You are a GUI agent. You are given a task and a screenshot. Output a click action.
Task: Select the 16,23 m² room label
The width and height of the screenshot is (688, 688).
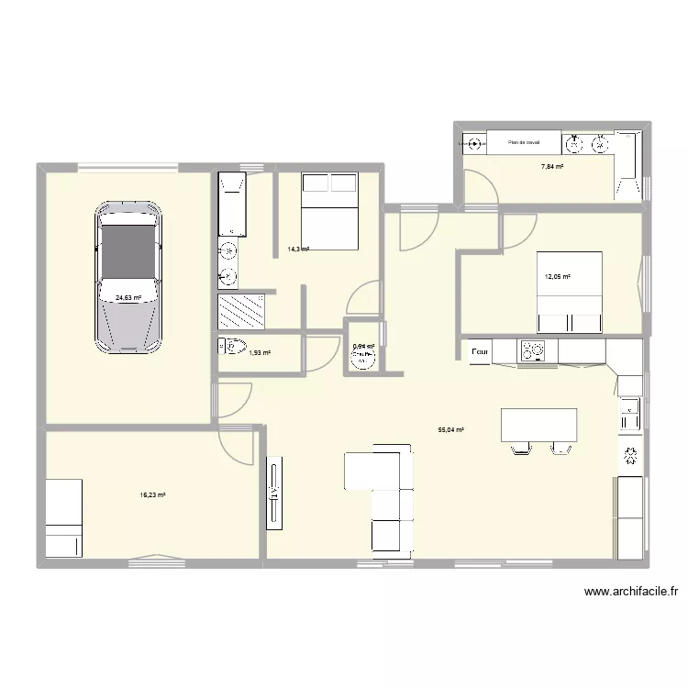[152, 495]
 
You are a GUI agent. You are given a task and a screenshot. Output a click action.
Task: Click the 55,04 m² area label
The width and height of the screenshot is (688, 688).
[451, 429]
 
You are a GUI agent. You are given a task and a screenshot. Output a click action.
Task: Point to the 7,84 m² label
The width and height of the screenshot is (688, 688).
[551, 167]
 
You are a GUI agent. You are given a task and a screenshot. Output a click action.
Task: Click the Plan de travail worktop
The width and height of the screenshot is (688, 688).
[524, 142]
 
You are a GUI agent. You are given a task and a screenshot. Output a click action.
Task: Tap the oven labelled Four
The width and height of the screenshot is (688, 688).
[479, 350]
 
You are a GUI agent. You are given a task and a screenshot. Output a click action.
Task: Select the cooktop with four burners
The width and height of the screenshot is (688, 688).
[533, 350]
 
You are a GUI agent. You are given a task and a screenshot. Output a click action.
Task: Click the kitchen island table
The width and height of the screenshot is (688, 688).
[538, 425]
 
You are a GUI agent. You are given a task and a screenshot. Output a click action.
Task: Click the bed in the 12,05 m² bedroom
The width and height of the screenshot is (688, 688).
[569, 292]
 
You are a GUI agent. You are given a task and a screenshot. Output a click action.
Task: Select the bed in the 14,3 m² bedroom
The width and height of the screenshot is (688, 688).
[327, 211]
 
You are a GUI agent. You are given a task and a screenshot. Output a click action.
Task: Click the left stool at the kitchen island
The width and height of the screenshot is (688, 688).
[520, 448]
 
